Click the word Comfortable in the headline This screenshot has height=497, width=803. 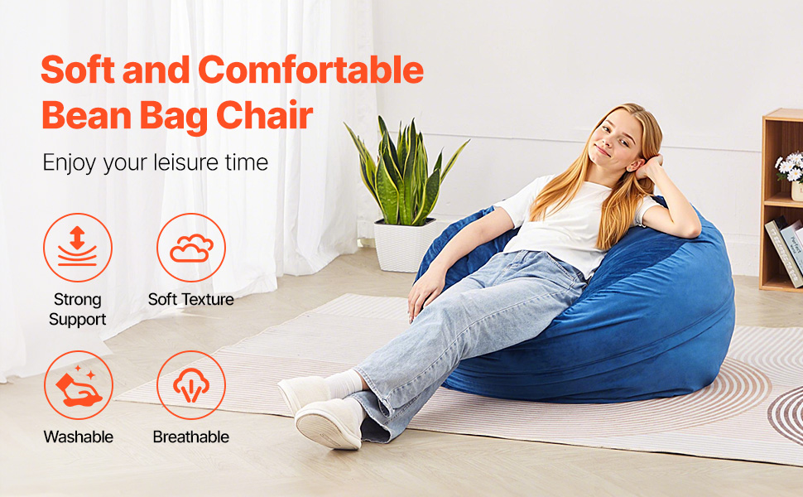click(311, 70)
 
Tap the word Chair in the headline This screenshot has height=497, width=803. click(264, 115)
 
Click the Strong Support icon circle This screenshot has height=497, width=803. click(78, 248)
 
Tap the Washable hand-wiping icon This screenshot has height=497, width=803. click(79, 386)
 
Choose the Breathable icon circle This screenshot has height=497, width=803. click(191, 385)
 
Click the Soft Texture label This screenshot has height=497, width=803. click(191, 299)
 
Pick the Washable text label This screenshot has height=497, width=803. click(79, 437)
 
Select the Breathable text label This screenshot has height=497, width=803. click(191, 437)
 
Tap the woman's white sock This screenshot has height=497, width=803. click(345, 384)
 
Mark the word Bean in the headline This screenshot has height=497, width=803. click(87, 115)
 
